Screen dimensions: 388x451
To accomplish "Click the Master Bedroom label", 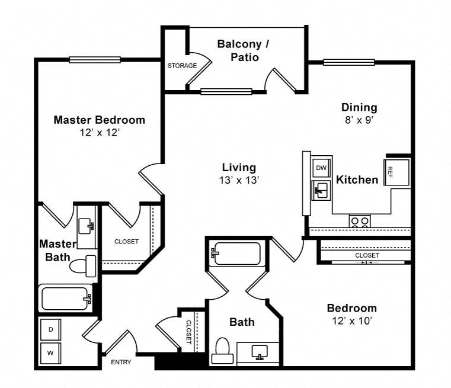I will pyautogui.click(x=99, y=120).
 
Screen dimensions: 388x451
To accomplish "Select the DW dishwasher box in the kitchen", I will pyautogui.click(x=321, y=168).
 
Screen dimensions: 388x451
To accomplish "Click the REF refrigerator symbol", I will pyautogui.click(x=391, y=171).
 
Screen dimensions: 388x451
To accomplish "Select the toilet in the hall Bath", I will pyautogui.click(x=222, y=349).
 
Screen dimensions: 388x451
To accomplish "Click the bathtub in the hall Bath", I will pyautogui.click(x=236, y=254).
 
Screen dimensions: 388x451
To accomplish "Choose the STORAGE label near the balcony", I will pyautogui.click(x=181, y=66).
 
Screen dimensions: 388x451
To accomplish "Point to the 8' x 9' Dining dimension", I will pyautogui.click(x=359, y=119).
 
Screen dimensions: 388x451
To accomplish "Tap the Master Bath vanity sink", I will pyautogui.click(x=89, y=224).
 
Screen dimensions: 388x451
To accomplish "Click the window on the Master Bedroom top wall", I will pyautogui.click(x=95, y=59).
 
